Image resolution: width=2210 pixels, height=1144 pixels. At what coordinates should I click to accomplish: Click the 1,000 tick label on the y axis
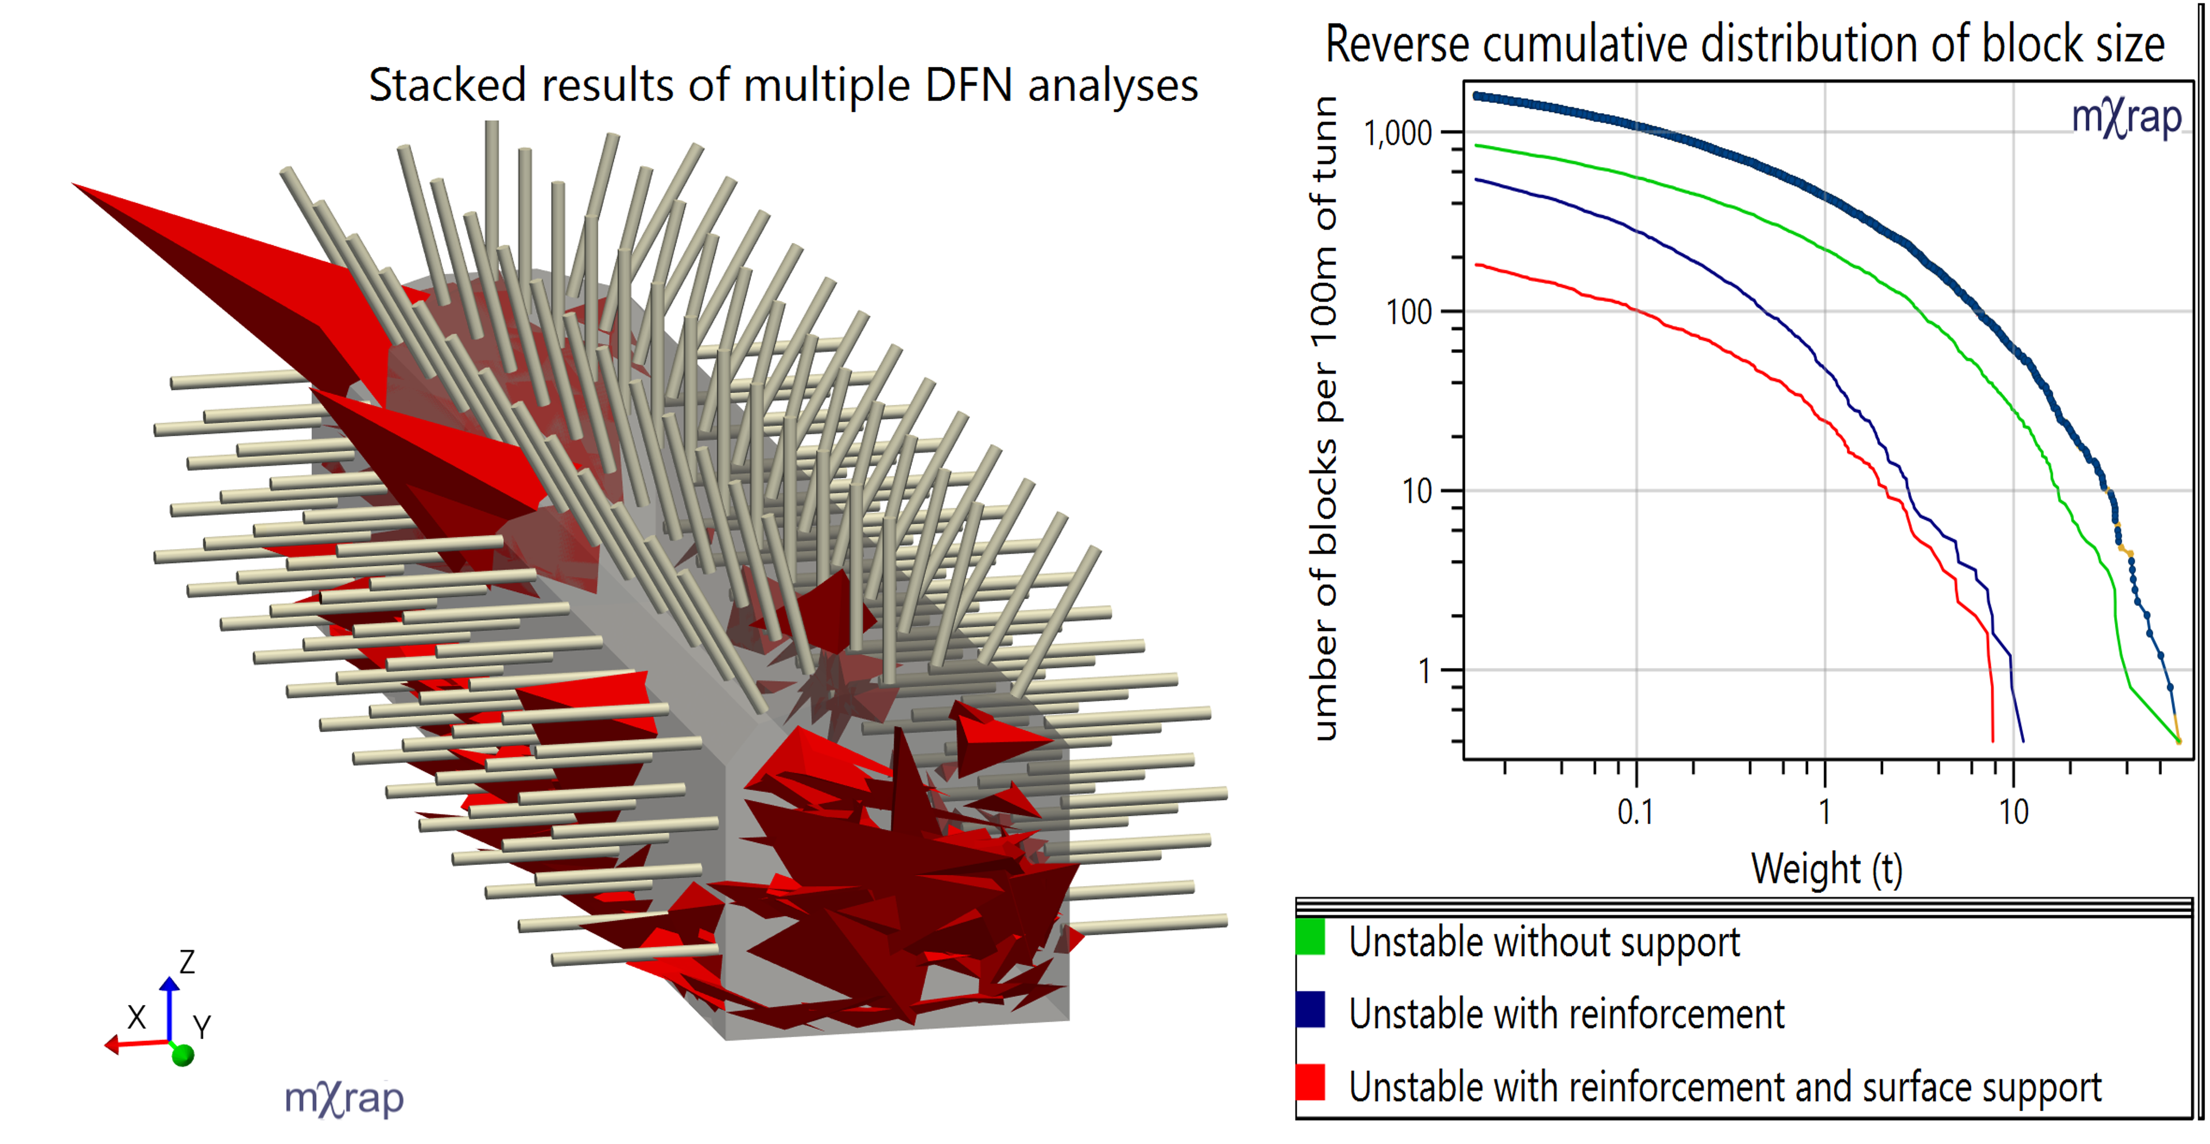tap(1398, 134)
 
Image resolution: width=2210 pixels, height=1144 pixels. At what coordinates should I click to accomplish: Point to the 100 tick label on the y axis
tap(1409, 312)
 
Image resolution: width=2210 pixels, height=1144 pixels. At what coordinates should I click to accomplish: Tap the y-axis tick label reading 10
tap(1417, 492)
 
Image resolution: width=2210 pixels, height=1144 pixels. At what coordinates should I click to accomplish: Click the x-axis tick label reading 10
tap(2014, 812)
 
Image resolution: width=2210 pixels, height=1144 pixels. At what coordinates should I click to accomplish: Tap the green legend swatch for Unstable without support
tap(1310, 937)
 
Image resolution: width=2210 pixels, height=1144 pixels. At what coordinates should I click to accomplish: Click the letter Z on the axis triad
tap(187, 961)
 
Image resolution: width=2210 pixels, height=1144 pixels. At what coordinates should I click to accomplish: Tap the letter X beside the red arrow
tap(137, 1018)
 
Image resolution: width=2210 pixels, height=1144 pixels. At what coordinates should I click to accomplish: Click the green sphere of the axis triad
tap(183, 1055)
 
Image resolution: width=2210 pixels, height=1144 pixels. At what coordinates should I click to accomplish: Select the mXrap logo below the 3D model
tap(343, 1099)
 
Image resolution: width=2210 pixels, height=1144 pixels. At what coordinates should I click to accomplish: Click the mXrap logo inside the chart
tap(2126, 118)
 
